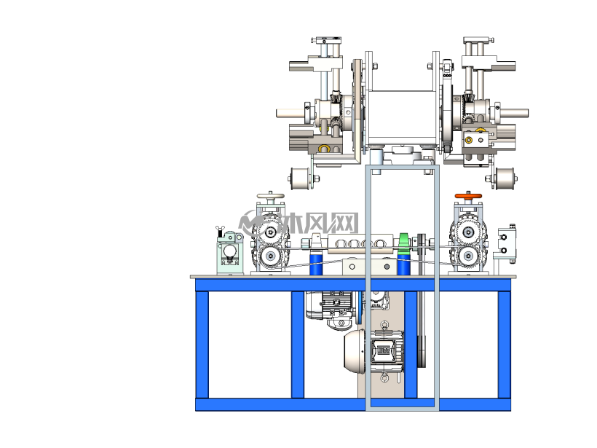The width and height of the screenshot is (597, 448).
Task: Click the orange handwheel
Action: pyautogui.click(x=468, y=196)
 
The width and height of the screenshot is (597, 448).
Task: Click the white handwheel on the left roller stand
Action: pyautogui.click(x=270, y=196)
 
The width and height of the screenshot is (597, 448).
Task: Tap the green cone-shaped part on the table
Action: pyautogui.click(x=403, y=243)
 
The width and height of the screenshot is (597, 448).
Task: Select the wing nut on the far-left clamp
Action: pyautogui.click(x=220, y=231)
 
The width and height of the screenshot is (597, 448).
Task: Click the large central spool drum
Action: pyautogui.click(x=400, y=117)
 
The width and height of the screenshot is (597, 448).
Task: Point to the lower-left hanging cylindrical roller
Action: pyautogui.click(x=300, y=178)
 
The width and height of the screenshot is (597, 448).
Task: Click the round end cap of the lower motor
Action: pyautogui.click(x=355, y=351)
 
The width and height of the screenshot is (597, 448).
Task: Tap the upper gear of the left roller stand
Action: pyautogui.click(x=270, y=232)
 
